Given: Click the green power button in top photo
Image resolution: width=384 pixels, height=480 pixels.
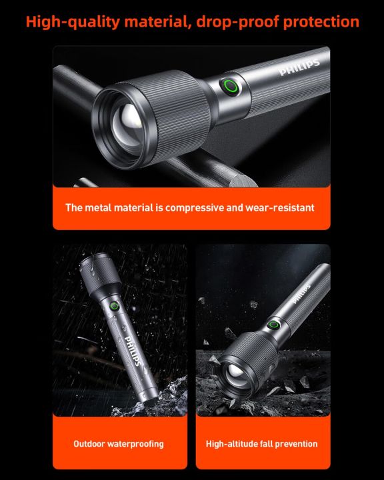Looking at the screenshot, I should tap(231, 86).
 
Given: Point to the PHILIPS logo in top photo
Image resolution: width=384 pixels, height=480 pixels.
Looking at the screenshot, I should tap(299, 67).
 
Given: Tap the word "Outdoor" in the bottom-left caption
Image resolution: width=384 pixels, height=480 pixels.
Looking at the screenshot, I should tap(89, 443).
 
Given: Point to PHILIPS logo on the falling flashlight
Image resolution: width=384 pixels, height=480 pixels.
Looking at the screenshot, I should tap(301, 291).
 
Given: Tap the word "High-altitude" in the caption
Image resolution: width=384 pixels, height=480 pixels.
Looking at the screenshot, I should tap(231, 443).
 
